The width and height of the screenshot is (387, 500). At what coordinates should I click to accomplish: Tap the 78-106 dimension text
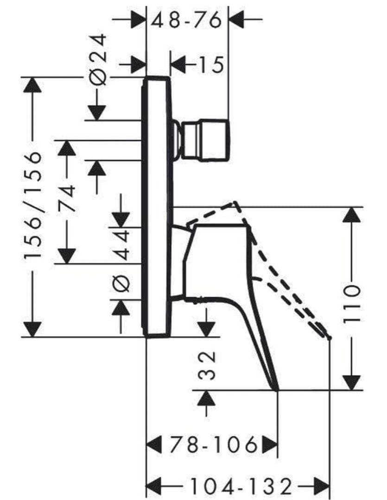coord(213,445)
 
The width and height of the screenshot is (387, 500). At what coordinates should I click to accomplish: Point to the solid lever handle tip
coord(277,389)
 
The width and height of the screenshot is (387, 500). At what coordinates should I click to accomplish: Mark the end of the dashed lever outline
coord(329,337)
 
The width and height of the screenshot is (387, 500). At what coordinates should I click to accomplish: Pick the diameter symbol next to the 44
coord(121,283)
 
